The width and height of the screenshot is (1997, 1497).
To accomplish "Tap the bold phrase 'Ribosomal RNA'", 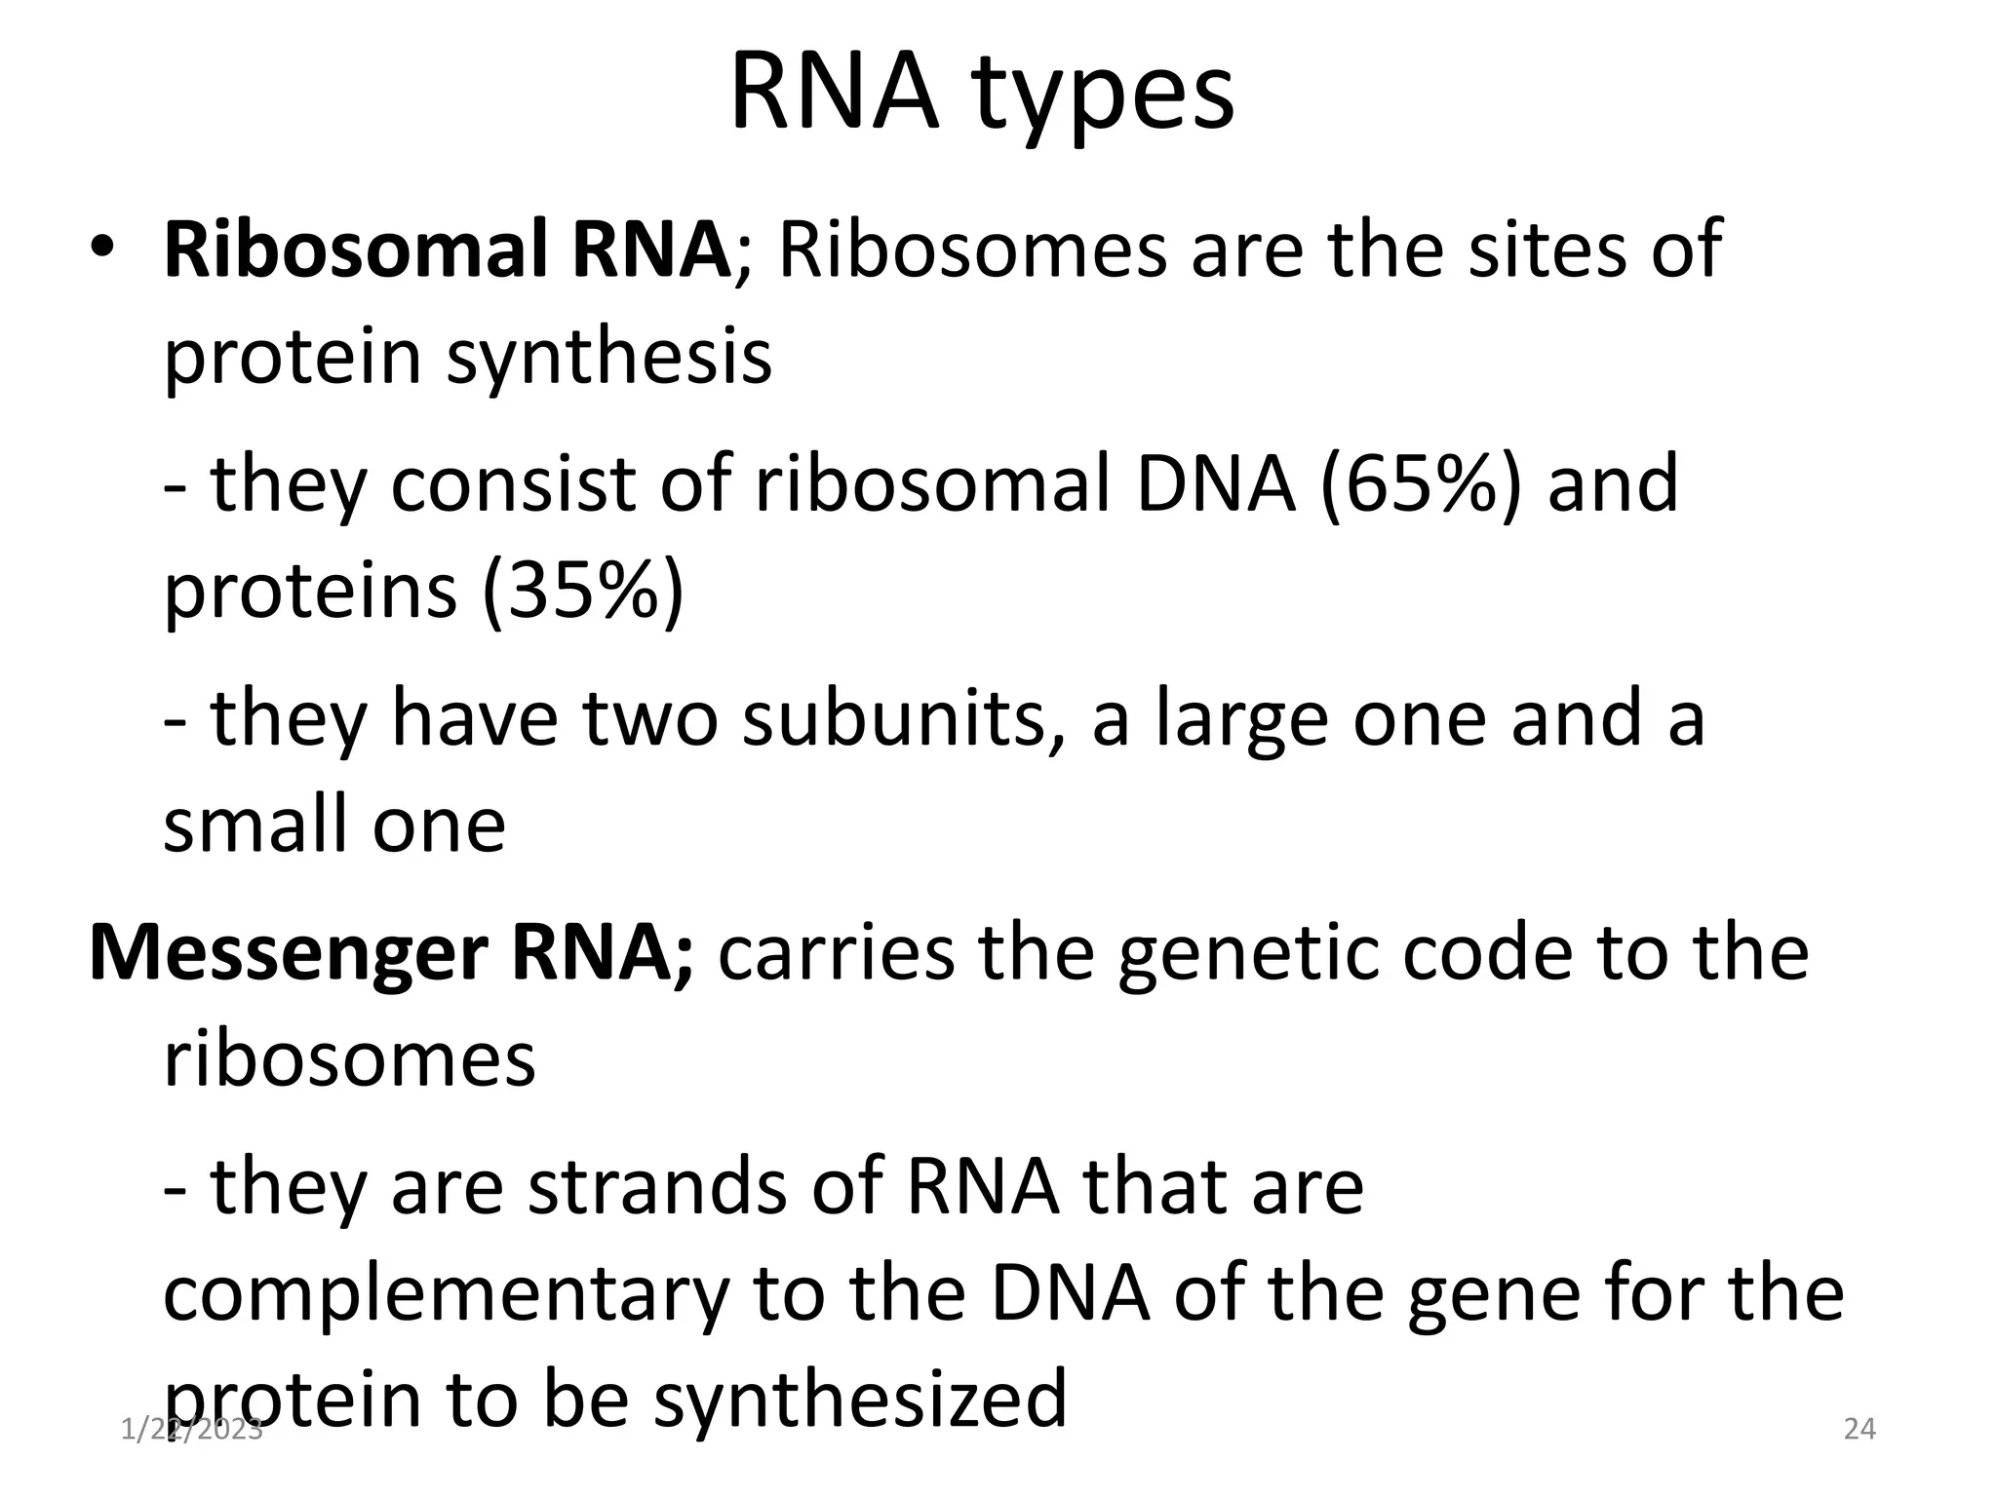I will pyautogui.click(x=446, y=249).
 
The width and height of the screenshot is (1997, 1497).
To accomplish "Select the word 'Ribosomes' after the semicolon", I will pyautogui.click(x=972, y=249).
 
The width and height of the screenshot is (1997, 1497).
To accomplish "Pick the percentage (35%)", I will pyautogui.click(x=582, y=592).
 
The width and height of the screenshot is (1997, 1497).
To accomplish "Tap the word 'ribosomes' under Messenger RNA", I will pyautogui.click(x=349, y=1060).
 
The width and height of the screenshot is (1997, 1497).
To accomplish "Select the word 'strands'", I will pyautogui.click(x=656, y=1188).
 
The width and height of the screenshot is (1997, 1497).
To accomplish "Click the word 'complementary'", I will pyautogui.click(x=446, y=1296).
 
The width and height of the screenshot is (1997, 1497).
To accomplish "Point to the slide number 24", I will pyautogui.click(x=1860, y=1430).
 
